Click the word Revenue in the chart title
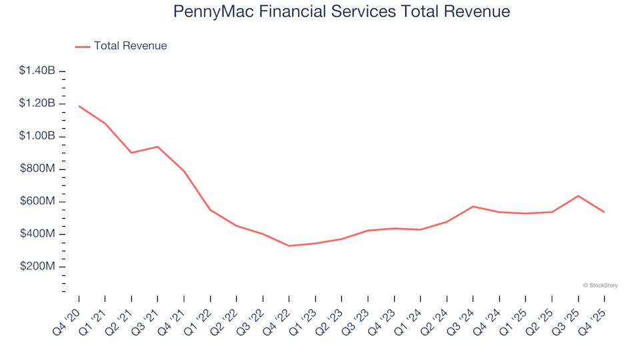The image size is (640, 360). click(x=479, y=12)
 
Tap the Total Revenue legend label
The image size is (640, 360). click(x=130, y=46)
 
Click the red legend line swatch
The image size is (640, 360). click(x=82, y=47)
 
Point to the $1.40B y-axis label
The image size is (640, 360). click(x=37, y=71)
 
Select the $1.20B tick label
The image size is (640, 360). click(x=37, y=103)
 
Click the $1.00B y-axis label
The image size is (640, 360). click(x=37, y=136)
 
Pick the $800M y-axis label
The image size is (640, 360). click(x=38, y=169)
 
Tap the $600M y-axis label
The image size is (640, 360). click(x=38, y=201)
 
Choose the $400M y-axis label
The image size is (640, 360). click(x=38, y=234)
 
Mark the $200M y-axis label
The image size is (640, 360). click(x=38, y=267)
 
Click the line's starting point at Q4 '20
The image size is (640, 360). click(x=79, y=106)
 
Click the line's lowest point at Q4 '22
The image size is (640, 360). click(x=289, y=246)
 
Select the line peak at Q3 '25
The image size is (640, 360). click(x=578, y=196)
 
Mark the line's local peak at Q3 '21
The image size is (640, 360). click(x=157, y=147)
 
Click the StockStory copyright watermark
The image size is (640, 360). click(x=600, y=285)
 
